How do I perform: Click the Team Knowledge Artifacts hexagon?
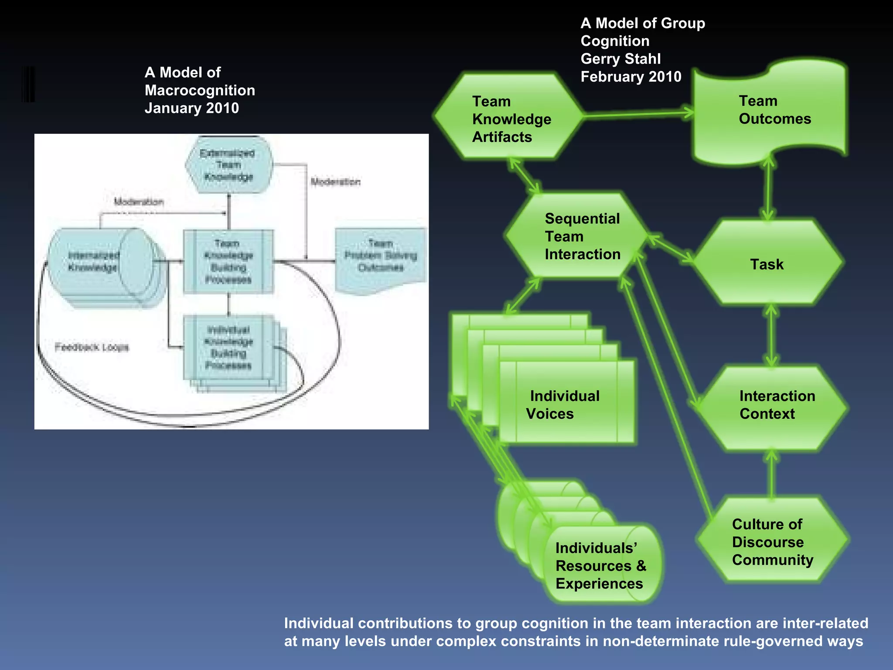(508, 118)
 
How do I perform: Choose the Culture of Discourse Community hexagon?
(772, 541)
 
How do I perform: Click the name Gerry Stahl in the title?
(620, 59)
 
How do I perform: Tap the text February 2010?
(631, 77)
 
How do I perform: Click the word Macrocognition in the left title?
(200, 90)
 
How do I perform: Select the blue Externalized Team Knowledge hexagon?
(228, 165)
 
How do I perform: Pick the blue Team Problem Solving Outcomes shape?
(380, 257)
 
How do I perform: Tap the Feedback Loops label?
(92, 347)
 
